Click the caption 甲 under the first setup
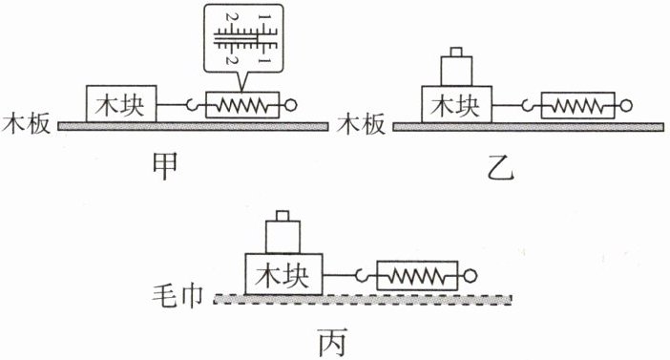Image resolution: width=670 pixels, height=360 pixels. pyautogui.click(x=165, y=167)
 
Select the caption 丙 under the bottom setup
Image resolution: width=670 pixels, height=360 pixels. pyautogui.click(x=332, y=342)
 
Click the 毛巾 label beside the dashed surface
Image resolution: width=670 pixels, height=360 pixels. pyautogui.click(x=178, y=295)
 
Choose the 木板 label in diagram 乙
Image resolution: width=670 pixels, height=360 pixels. pyautogui.click(x=361, y=124)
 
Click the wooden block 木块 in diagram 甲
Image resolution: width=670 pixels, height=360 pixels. pyautogui.click(x=121, y=104)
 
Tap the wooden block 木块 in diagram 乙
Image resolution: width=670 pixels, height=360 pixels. pyautogui.click(x=456, y=104)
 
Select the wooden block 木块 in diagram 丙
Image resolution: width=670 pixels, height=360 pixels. pyautogui.click(x=283, y=274)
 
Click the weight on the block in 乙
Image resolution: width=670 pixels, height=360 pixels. pyautogui.click(x=457, y=67)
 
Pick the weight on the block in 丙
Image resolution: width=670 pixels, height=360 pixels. pyautogui.click(x=283, y=233)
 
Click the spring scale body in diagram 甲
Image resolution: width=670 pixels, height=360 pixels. pyautogui.click(x=242, y=105)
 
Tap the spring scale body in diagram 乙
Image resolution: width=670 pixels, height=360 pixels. pyautogui.click(x=577, y=105)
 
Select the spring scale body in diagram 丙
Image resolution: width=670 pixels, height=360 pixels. pyautogui.click(x=417, y=276)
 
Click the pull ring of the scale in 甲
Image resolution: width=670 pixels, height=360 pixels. pyautogui.click(x=290, y=105)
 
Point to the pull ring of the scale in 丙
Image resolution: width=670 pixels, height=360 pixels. pyautogui.click(x=470, y=276)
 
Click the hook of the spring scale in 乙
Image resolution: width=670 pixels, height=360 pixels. pyautogui.click(x=528, y=105)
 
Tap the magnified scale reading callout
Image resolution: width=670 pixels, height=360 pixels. pyautogui.click(x=243, y=39)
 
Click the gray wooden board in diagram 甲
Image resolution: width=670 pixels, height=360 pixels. pyautogui.click(x=193, y=126)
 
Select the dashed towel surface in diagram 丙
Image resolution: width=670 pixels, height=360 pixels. pyautogui.click(x=363, y=299)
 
